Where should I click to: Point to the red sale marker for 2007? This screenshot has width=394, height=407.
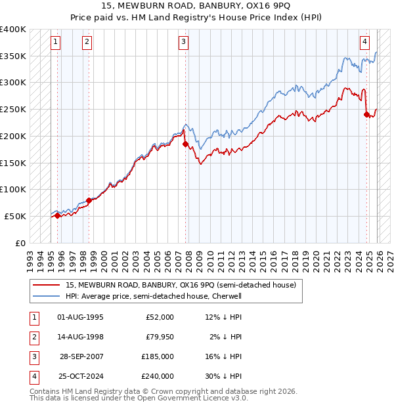(x=185, y=144)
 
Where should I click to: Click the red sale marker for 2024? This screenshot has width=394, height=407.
(x=366, y=114)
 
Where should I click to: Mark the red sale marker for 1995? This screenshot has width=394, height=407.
(x=57, y=215)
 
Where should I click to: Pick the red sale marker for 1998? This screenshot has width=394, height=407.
(x=89, y=200)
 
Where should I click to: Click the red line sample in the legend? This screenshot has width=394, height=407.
(x=47, y=285)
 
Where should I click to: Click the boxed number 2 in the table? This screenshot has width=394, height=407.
(x=33, y=337)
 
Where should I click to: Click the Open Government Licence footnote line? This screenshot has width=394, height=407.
(x=139, y=398)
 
